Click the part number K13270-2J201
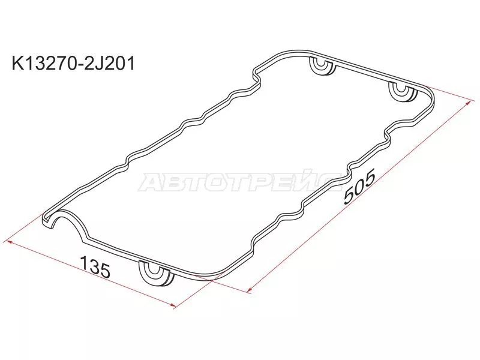(x=70, y=62)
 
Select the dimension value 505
(x=359, y=188)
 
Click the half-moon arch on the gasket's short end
(x=66, y=218)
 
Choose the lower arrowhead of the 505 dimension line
(x=248, y=290)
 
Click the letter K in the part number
(x=10, y=62)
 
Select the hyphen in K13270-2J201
(x=76, y=62)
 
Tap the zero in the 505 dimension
(x=359, y=188)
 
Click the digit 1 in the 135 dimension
(x=84, y=265)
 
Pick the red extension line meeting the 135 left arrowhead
(x=30, y=230)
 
